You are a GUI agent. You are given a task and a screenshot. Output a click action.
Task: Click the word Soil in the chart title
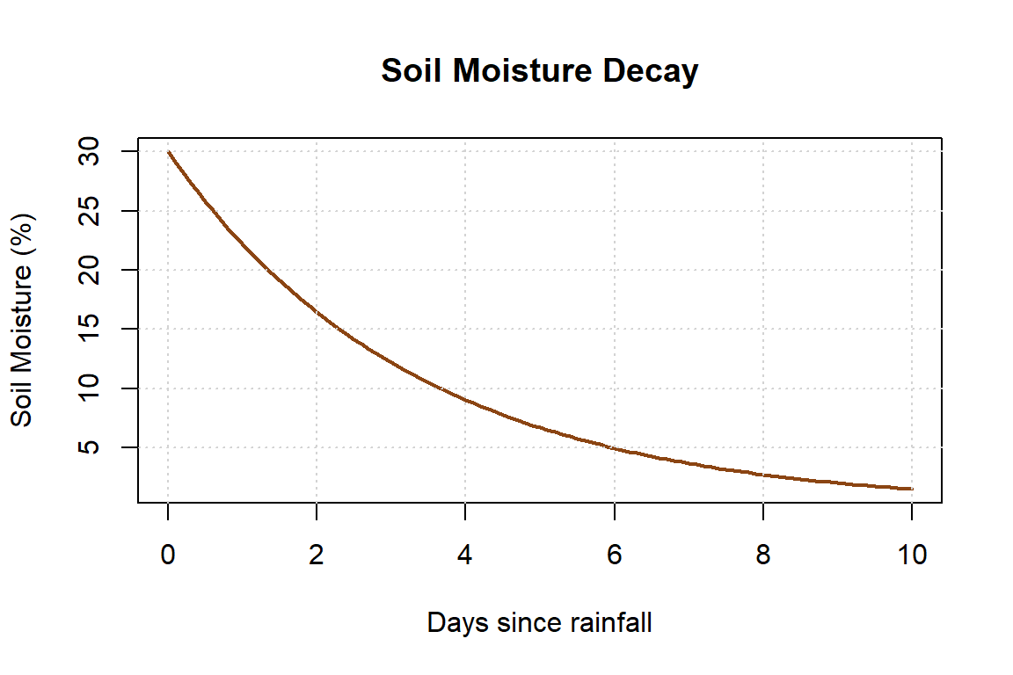tap(413, 71)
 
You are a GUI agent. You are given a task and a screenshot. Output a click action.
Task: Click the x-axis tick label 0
tap(167, 555)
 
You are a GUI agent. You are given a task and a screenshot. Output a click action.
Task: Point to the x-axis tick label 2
tap(317, 555)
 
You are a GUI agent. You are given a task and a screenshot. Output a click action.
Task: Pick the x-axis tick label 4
tap(465, 555)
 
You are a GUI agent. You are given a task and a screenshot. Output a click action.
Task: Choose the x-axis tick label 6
tap(614, 555)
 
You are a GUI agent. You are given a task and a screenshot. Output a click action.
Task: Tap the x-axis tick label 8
tap(763, 555)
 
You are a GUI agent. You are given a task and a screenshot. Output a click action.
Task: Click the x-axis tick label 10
tap(912, 555)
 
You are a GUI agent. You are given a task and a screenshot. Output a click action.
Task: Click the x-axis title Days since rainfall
tap(539, 623)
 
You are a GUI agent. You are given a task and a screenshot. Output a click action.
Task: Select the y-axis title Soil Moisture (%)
tap(23, 320)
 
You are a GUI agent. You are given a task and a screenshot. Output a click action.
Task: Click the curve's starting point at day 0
tap(168, 152)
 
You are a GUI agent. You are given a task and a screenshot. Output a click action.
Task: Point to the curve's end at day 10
tap(911, 489)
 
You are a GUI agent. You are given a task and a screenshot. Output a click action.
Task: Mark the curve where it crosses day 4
tap(465, 400)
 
